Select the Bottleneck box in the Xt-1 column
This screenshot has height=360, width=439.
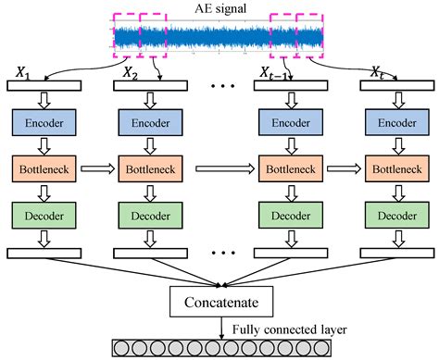[290, 171]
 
